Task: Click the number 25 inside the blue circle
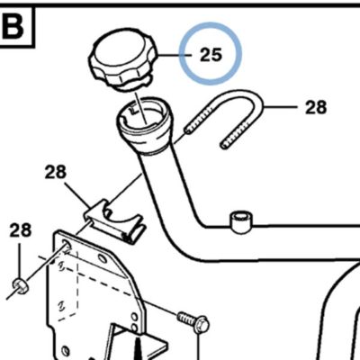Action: click(x=211, y=55)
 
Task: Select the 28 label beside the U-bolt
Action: click(x=316, y=107)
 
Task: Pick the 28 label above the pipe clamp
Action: click(x=56, y=173)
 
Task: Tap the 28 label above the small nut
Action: click(x=21, y=230)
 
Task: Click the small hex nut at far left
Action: click(x=21, y=285)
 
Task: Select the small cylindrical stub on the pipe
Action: click(x=241, y=221)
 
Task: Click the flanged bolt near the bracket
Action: click(x=194, y=321)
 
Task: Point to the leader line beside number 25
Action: click(x=174, y=55)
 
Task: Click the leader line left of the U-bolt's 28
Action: click(x=281, y=107)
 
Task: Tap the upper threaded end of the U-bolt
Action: click(x=200, y=120)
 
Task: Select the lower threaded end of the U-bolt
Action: click(x=236, y=135)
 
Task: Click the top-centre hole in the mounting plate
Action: click(x=103, y=258)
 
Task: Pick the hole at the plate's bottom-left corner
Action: click(x=66, y=351)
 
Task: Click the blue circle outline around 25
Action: click(x=211, y=22)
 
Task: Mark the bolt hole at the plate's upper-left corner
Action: click(x=67, y=244)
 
